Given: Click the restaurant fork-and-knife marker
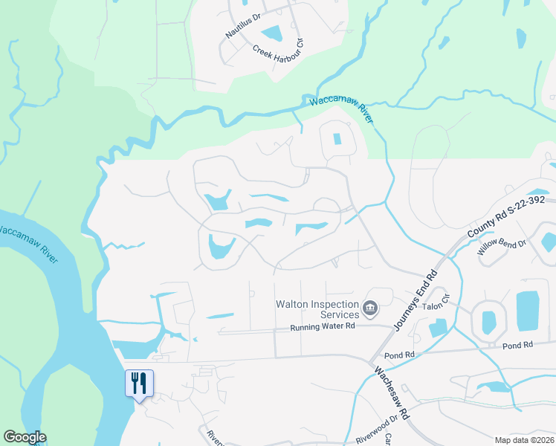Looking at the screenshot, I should click(139, 384).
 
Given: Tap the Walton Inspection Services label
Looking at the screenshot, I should click(317, 309).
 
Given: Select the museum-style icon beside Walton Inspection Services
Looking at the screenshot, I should click(370, 307).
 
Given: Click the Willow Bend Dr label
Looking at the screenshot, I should click(502, 253).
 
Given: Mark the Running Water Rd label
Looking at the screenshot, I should click(323, 326).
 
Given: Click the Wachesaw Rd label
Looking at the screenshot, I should click(392, 394).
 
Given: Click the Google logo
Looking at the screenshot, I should click(25, 437).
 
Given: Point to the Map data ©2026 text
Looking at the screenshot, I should click(523, 439).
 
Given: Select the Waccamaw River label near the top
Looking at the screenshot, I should click(340, 110).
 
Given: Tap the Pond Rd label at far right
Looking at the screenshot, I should click(518, 346).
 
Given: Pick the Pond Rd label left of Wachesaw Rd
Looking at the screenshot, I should click(400, 355).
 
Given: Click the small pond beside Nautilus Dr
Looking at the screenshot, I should click(271, 33).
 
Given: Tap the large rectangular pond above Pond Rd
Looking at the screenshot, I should click(527, 311).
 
